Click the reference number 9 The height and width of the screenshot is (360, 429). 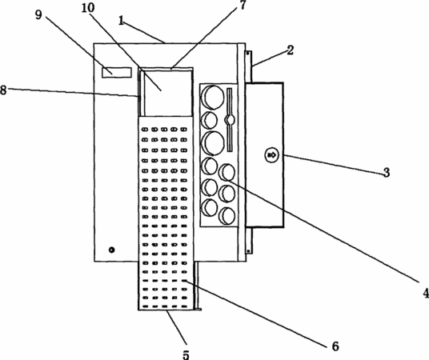pyautogui.click(x=39, y=14)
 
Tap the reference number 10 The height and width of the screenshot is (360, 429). pyautogui.click(x=88, y=8)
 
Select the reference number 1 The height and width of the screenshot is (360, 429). pyautogui.click(x=122, y=21)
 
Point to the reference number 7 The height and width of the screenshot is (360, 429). pyautogui.click(x=243, y=5)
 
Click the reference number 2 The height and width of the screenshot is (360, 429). pyautogui.click(x=290, y=50)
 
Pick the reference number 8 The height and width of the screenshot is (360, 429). pyautogui.click(x=3, y=90)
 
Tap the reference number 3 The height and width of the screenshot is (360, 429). pyautogui.click(x=387, y=172)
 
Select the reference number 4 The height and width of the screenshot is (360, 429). pyautogui.click(x=426, y=293)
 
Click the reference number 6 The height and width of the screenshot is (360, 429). pyautogui.click(x=335, y=346)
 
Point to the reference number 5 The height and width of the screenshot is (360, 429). pyautogui.click(x=186, y=354)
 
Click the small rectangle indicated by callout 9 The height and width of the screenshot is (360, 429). pyautogui.click(x=117, y=73)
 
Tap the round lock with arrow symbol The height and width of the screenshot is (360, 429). pyautogui.click(x=271, y=155)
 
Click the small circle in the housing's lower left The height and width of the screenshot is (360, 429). pyautogui.click(x=111, y=250)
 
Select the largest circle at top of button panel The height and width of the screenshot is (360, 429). pyautogui.click(x=212, y=97)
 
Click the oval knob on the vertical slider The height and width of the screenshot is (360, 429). pyautogui.click(x=230, y=119)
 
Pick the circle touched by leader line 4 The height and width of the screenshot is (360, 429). pyautogui.click(x=227, y=172)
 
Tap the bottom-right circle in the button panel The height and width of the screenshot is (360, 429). pyautogui.click(x=227, y=215)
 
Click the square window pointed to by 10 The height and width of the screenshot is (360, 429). pyautogui.click(x=168, y=94)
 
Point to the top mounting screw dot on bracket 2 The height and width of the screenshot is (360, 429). pyautogui.click(x=247, y=54)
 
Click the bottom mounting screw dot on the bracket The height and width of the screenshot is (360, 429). pyautogui.click(x=248, y=250)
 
